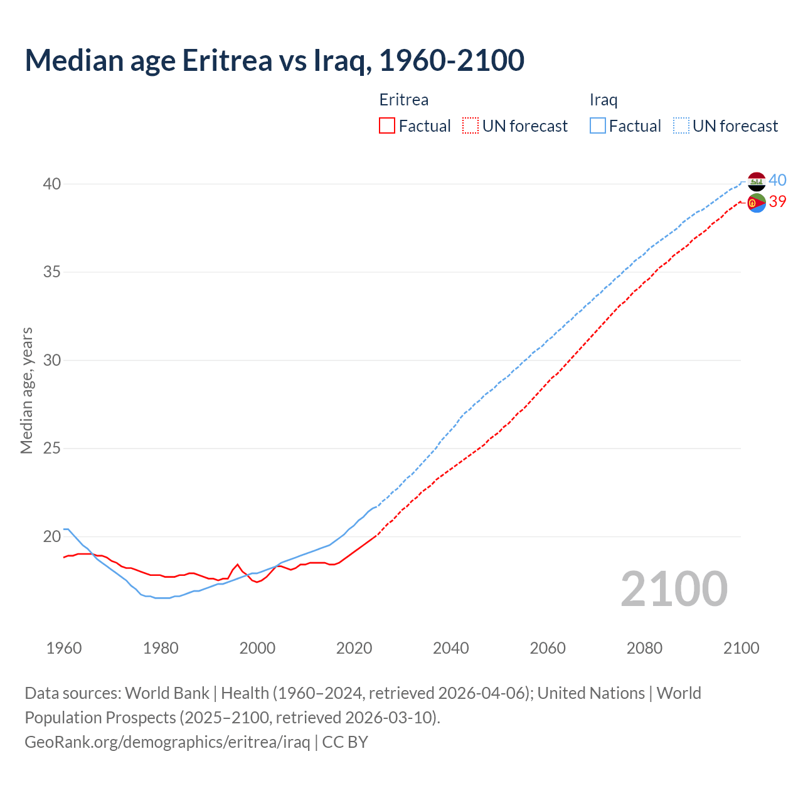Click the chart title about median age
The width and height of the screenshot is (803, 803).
[x=274, y=60]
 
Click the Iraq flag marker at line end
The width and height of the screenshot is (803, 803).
[x=757, y=181]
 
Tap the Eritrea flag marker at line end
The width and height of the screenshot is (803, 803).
[x=757, y=203]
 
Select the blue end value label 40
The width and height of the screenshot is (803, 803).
[x=777, y=180]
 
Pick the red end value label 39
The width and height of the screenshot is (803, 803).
[x=777, y=201]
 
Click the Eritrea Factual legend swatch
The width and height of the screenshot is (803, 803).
[x=387, y=125]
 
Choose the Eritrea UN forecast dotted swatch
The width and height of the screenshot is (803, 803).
[x=471, y=125]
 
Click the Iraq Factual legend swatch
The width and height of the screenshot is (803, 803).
[x=598, y=125]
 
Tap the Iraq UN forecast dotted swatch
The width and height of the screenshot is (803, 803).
[x=681, y=125]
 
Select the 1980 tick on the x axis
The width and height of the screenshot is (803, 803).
[x=161, y=648]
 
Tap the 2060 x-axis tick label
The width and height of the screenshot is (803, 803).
[x=548, y=648]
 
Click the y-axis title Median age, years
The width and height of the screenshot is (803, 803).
[x=26, y=390]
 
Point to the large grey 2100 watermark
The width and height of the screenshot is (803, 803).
[x=674, y=588]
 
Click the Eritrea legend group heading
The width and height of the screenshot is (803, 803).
[x=404, y=100]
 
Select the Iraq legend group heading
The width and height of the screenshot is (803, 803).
[x=604, y=100]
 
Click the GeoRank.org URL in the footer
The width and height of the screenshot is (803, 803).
[x=168, y=742]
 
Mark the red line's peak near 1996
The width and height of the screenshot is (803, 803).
[x=238, y=565]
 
